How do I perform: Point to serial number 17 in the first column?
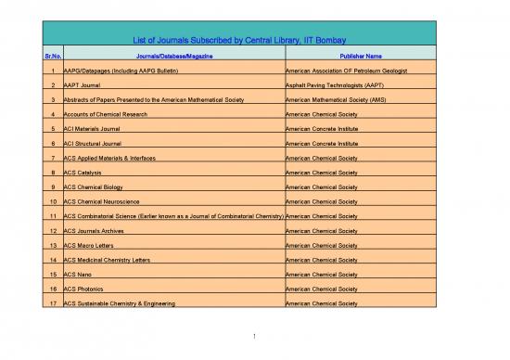pos(53,303)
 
